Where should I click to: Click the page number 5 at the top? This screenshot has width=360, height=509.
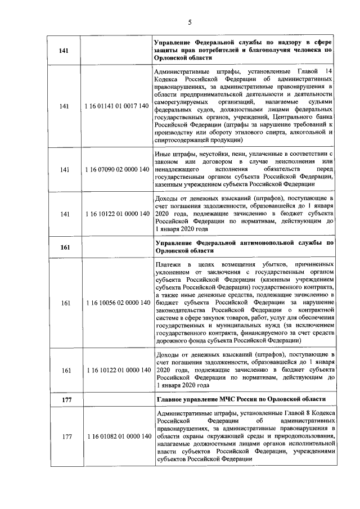click(190, 22)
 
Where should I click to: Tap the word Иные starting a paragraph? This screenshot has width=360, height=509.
click(163, 153)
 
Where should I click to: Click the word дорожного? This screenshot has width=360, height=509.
click(172, 341)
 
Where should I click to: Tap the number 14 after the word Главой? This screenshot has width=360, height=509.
click(329, 70)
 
